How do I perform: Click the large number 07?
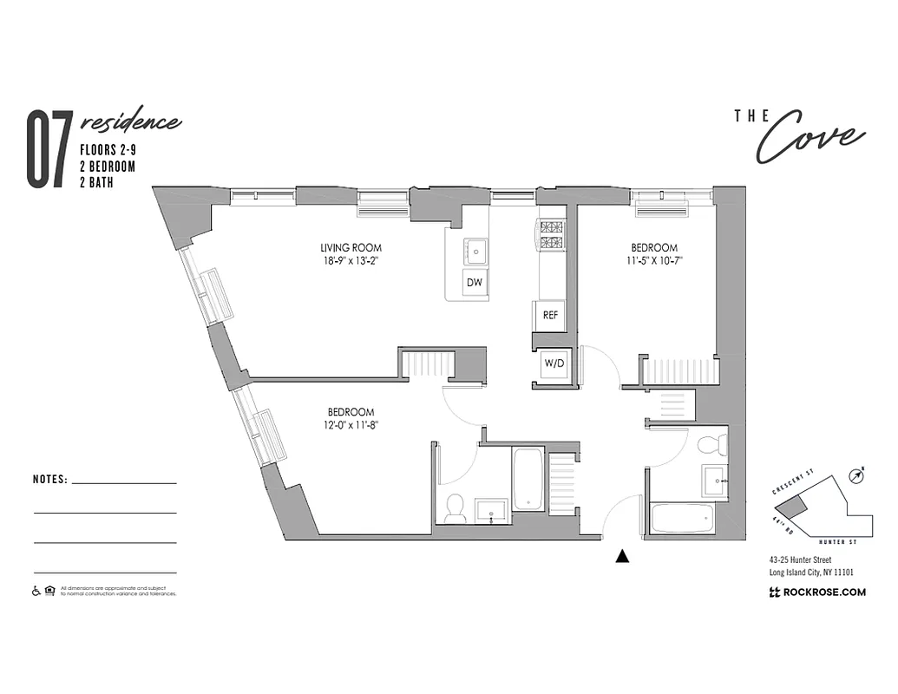coord(47,150)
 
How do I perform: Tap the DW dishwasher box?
coord(474,283)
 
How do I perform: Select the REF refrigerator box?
coord(550,315)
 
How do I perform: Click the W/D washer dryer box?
coord(553,363)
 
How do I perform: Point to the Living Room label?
coord(351,248)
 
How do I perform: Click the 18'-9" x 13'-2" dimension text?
coord(351,261)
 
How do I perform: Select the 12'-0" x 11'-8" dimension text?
coord(351,425)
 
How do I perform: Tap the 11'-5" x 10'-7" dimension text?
coord(655,261)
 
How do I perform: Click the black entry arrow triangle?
coord(621,557)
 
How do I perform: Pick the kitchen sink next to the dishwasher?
coord(475,252)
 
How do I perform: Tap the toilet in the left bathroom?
coord(455,509)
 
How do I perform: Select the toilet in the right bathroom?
coord(711,445)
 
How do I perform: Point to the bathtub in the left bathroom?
coord(528,479)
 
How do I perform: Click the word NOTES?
coord(49,479)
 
